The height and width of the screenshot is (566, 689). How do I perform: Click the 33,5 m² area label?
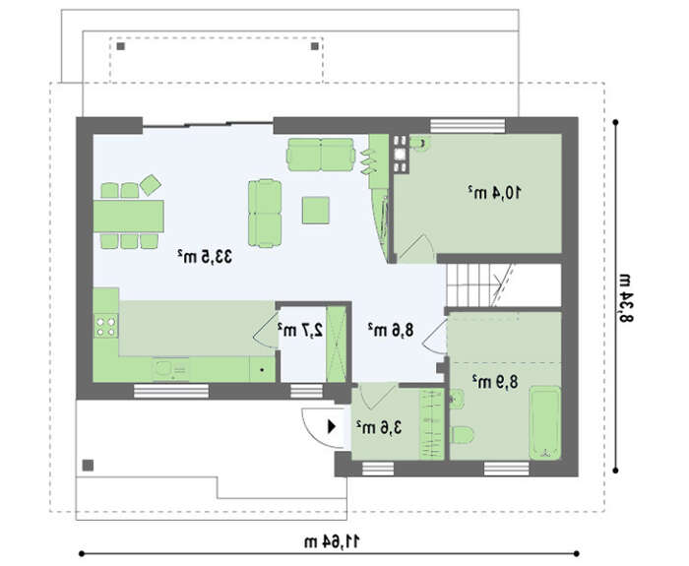[205, 257]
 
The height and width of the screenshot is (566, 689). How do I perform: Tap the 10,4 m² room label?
[495, 193]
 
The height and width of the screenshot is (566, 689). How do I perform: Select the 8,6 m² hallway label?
[391, 330]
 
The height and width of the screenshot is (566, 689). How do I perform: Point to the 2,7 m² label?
[300, 330]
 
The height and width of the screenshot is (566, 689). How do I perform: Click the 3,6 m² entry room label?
[379, 427]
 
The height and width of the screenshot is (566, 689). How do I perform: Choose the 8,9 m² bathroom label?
[495, 382]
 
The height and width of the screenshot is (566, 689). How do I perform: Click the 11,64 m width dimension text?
[332, 541]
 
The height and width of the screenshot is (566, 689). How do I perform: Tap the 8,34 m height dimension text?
[625, 298]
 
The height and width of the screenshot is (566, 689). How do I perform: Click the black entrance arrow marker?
[332, 426]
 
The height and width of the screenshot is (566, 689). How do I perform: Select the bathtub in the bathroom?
[545, 422]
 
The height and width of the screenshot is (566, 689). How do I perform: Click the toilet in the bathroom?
[463, 435]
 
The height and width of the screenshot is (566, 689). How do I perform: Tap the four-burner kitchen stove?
[106, 326]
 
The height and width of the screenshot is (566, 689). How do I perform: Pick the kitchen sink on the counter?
[171, 369]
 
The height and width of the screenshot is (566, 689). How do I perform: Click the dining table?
[128, 217]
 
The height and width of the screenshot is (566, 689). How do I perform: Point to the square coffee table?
[316, 211]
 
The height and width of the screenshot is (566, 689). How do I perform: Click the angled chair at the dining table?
[151, 185]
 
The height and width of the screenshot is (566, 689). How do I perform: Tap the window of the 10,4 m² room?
[468, 126]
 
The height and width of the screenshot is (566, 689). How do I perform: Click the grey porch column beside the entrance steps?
[89, 465]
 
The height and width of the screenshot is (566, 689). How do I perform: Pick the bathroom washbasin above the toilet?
[457, 399]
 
